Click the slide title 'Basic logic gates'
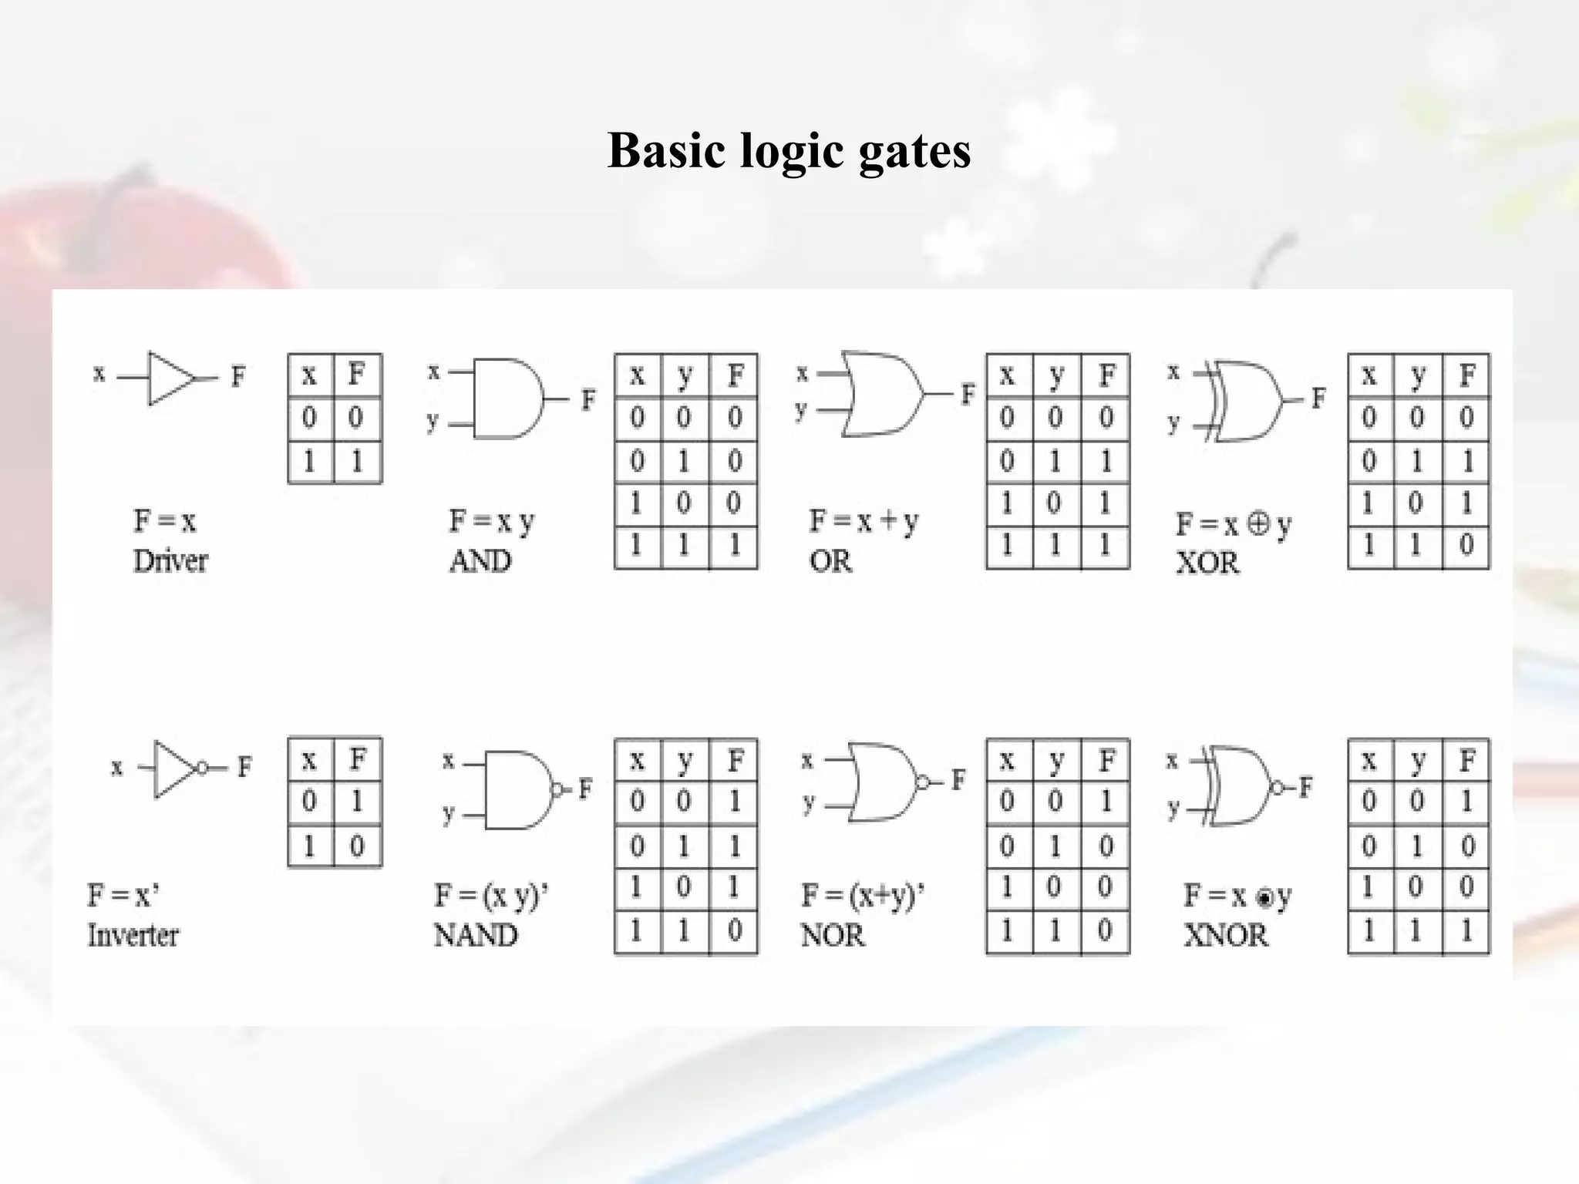(x=789, y=150)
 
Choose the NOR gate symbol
(x=884, y=782)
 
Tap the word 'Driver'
(x=170, y=561)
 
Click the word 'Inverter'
(x=133, y=936)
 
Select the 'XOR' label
(x=1207, y=563)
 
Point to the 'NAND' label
(x=475, y=936)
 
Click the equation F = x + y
(x=864, y=522)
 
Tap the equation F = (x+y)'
(x=862, y=896)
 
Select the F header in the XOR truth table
(x=1466, y=375)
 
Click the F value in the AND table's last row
(x=734, y=546)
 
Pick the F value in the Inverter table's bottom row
(x=356, y=846)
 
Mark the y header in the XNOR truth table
(x=1417, y=761)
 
